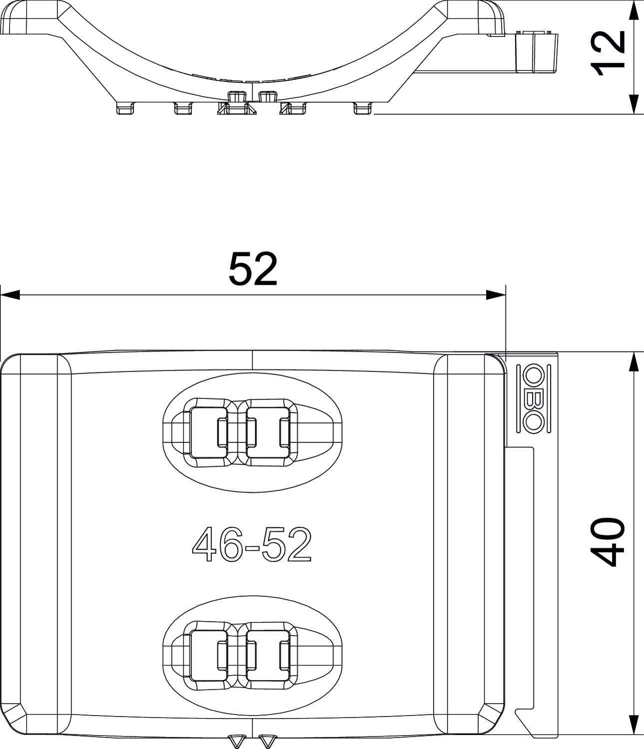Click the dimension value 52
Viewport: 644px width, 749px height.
(253, 269)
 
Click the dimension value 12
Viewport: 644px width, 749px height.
(608, 53)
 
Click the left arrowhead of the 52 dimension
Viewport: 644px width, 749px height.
(10, 295)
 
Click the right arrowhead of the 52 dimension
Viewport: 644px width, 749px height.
(496, 295)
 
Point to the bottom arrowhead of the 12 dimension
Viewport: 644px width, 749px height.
(633, 104)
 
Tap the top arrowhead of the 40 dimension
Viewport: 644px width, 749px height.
(633, 362)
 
